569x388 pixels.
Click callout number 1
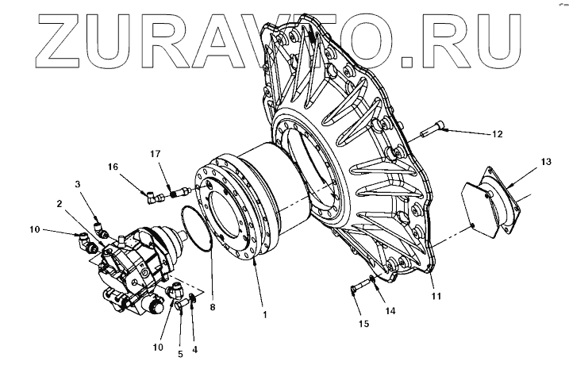pyautogui.click(x=264, y=314)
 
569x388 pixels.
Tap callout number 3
pyautogui.click(x=79, y=185)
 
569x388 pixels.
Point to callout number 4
pyautogui.click(x=195, y=348)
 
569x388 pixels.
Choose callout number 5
pyautogui.click(x=180, y=354)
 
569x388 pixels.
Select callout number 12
pyautogui.click(x=497, y=134)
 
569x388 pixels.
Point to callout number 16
pyautogui.click(x=113, y=167)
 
